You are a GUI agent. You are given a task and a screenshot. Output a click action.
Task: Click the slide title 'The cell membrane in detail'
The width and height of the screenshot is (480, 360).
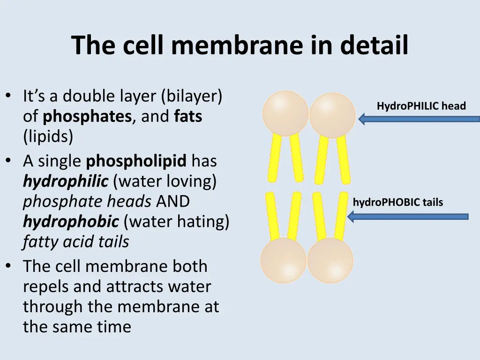240,45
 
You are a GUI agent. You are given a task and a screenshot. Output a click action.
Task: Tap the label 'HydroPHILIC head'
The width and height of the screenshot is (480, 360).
421,106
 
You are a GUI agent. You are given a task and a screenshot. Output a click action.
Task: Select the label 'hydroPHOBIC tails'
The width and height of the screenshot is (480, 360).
397,202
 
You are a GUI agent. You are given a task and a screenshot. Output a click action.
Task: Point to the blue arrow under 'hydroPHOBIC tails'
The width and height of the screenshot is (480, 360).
408,216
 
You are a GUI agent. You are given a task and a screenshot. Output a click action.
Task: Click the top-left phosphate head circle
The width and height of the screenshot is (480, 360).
285,113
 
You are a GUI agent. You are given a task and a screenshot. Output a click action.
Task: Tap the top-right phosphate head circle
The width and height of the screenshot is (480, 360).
332,115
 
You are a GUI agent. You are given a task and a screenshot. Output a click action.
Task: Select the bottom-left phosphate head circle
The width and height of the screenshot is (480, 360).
283,260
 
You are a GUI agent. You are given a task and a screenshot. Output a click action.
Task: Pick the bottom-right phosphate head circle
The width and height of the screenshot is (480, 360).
330,261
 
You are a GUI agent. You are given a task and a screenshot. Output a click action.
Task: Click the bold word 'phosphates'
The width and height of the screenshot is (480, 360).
87,116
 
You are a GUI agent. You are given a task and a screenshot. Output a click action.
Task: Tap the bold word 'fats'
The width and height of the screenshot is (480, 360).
188,116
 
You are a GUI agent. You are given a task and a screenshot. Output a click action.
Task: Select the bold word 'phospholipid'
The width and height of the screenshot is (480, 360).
136,161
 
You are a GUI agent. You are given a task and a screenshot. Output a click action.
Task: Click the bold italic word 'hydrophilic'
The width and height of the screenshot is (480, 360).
66,181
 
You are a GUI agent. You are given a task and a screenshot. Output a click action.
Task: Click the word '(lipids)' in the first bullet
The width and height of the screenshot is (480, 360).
48,137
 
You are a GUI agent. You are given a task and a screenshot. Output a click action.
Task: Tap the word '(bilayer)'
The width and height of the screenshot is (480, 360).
191,96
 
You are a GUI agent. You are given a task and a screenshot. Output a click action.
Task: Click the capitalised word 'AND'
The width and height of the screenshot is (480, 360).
172,202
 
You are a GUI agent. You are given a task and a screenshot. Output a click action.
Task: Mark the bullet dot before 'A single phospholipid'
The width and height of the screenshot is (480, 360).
9,161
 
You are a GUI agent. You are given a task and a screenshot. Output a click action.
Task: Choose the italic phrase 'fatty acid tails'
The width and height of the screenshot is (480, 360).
76,242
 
